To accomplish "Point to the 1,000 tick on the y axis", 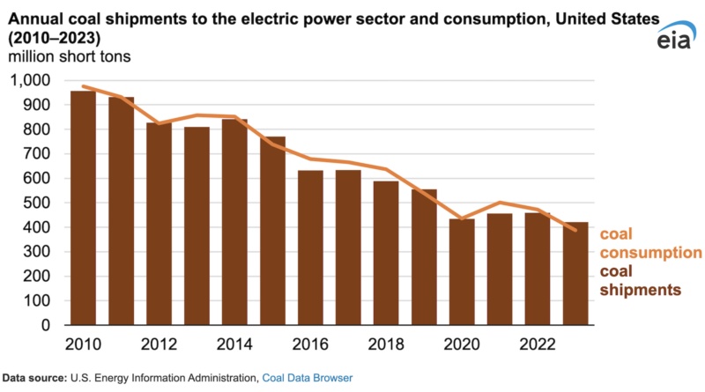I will tap(31, 80).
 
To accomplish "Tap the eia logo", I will tap(675, 40).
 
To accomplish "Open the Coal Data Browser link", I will tap(308, 378).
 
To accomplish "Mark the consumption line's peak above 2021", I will tap(501, 203).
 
